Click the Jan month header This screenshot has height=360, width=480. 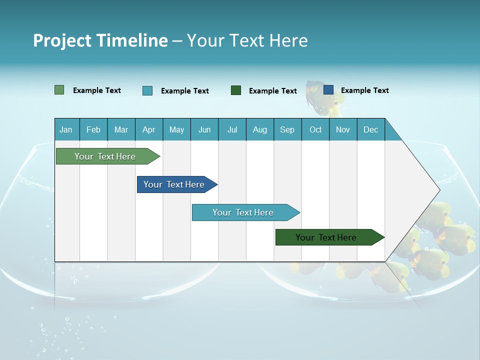[66, 129]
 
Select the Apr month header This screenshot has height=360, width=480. [148, 129]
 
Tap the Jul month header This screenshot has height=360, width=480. [232, 129]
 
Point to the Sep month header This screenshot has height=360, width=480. [287, 129]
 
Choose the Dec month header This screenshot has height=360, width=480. [370, 129]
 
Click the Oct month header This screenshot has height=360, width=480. [315, 129]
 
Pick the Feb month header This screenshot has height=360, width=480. [93, 129]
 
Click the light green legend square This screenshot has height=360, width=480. [59, 90]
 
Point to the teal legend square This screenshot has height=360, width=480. [147, 90]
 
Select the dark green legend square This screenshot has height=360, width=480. [236, 90]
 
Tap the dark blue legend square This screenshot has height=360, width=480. [328, 90]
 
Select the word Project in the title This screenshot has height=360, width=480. [58, 40]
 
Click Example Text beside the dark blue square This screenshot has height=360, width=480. [364, 90]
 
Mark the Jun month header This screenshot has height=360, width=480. [204, 129]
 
